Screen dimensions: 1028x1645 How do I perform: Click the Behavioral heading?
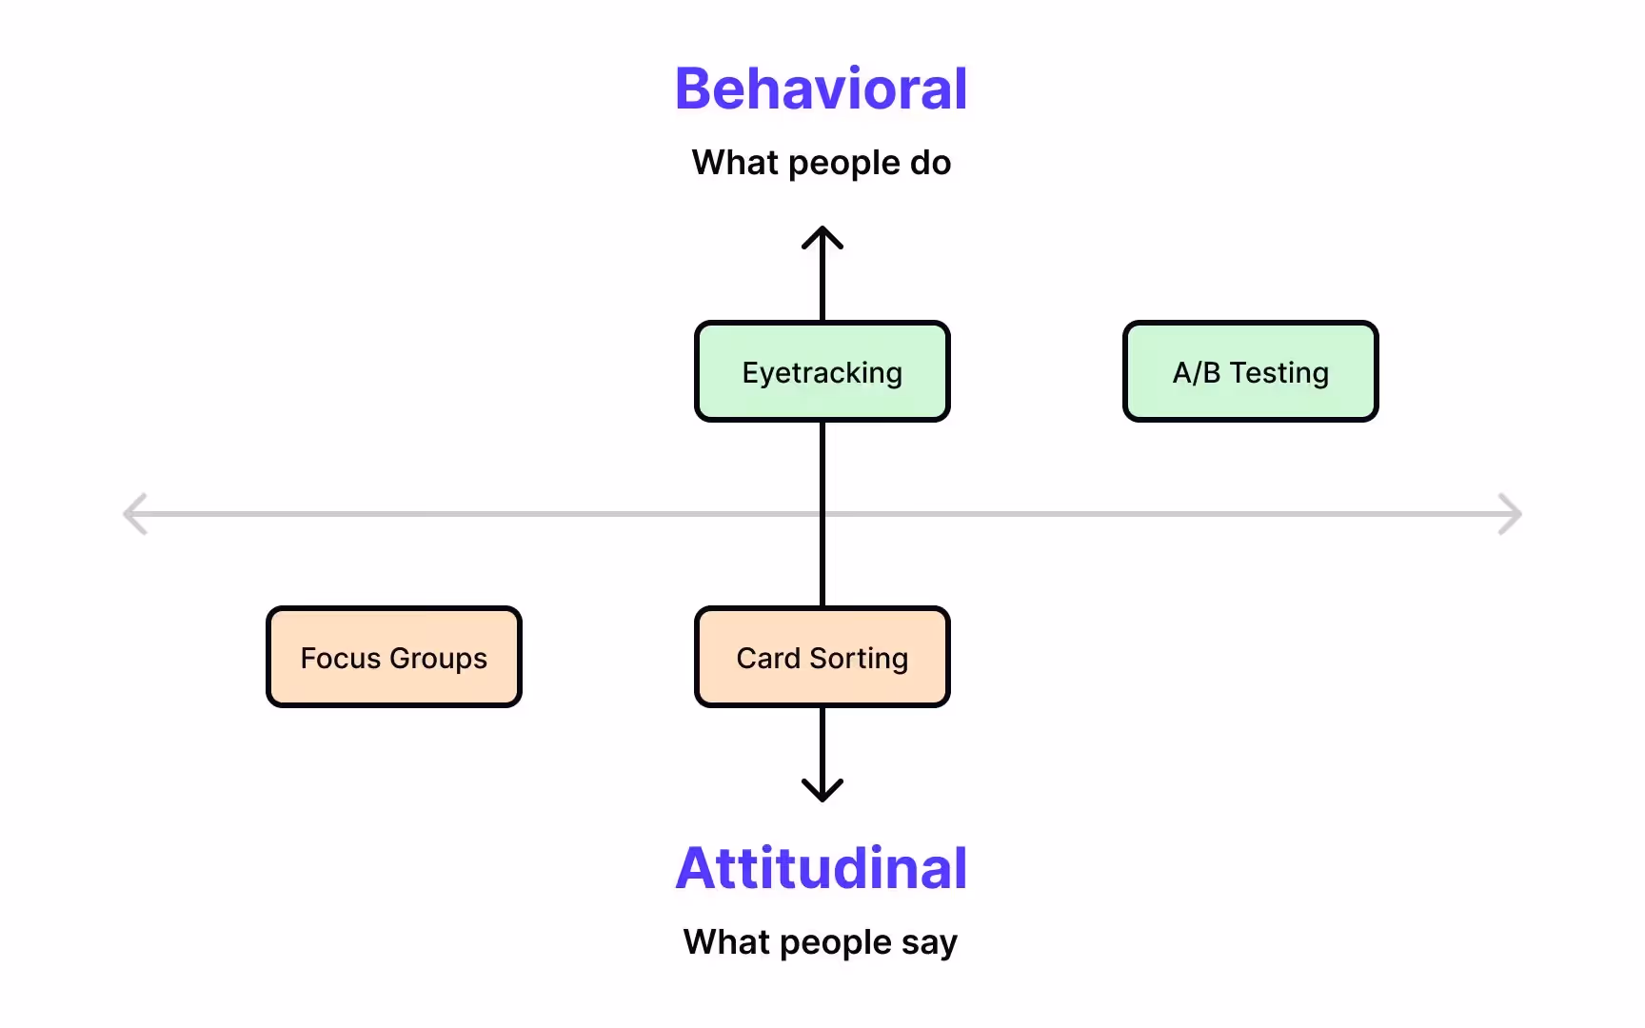point(821,89)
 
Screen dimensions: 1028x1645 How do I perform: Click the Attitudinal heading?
point(821,868)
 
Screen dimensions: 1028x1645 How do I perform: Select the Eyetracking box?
point(822,372)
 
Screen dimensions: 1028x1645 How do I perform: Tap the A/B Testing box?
point(1250,372)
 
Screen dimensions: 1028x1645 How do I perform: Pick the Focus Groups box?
point(394,658)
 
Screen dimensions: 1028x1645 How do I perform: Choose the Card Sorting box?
point(822,658)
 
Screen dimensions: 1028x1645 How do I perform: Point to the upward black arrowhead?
point(822,236)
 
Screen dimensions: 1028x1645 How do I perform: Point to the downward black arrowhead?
point(822,792)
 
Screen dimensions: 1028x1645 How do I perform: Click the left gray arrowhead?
point(133,514)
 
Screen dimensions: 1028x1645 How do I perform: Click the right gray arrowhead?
point(1512,514)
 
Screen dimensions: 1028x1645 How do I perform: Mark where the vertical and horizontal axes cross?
point(822,514)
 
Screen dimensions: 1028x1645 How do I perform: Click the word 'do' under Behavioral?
point(930,163)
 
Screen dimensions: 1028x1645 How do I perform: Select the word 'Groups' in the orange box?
point(438,659)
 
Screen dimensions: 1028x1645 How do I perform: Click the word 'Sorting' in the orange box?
point(859,659)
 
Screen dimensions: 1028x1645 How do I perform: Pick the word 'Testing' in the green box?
point(1278,373)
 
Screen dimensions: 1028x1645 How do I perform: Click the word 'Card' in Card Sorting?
point(768,658)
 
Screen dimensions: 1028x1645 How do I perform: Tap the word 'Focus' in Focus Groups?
point(341,658)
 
